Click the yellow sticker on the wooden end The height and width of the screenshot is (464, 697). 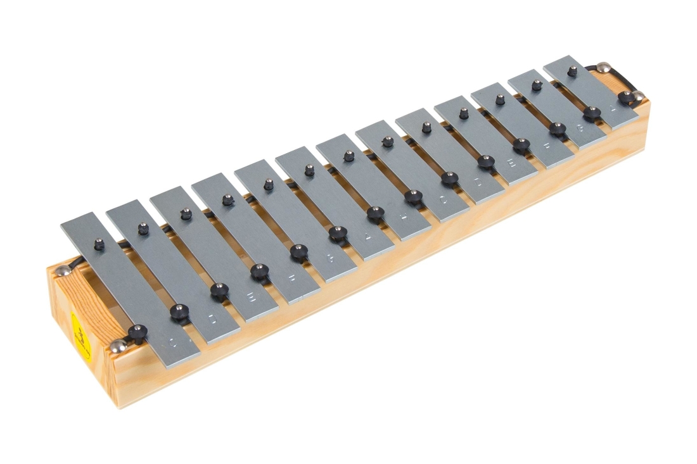[x=80, y=335]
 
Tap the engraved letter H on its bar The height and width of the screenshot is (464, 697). [x=403, y=218]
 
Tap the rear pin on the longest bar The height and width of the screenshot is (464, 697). [x=98, y=242]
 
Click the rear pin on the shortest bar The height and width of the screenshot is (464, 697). [x=572, y=71]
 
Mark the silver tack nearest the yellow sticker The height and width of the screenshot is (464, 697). [x=117, y=346]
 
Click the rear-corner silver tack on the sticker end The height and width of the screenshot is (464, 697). [x=63, y=271]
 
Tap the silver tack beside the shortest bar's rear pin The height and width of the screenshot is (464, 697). [x=603, y=66]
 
